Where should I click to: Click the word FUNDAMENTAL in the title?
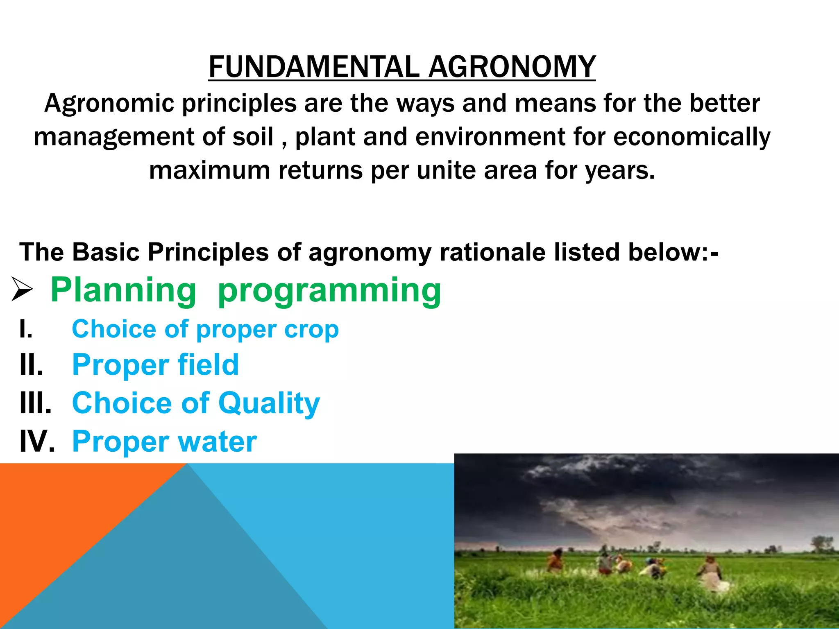(313, 67)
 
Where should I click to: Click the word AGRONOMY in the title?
(512, 67)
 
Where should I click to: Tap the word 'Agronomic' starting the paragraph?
(109, 103)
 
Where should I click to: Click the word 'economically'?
(692, 137)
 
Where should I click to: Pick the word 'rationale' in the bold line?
(492, 252)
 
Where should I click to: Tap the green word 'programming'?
(329, 291)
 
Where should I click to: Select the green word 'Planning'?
(123, 290)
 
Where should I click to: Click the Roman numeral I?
(25, 329)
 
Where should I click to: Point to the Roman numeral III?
(35, 403)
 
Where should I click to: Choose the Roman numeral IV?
(37, 441)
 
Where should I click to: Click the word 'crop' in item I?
(311, 330)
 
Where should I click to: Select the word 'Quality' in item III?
(269, 403)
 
